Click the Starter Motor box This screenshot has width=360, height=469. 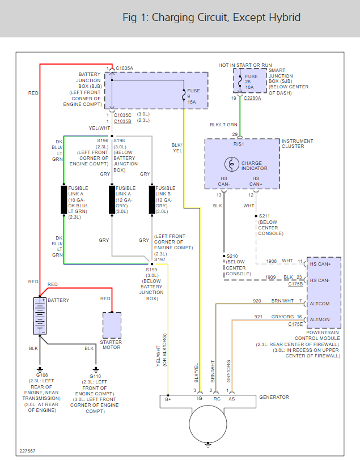click(x=112, y=325)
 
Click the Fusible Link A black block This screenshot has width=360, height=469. click(x=64, y=199)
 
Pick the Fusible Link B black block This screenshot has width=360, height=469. click(x=152, y=199)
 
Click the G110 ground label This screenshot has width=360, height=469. click(x=95, y=376)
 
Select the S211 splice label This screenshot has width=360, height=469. click(x=264, y=216)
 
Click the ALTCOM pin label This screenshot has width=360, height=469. click(x=319, y=304)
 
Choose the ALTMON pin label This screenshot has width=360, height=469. click(x=319, y=319)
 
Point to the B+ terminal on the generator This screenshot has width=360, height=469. click(x=168, y=398)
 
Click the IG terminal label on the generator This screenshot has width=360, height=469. click(x=200, y=398)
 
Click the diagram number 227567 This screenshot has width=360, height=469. click(x=27, y=451)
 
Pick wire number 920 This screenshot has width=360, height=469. click(x=257, y=301)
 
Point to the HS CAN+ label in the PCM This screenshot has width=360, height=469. click(x=321, y=264)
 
